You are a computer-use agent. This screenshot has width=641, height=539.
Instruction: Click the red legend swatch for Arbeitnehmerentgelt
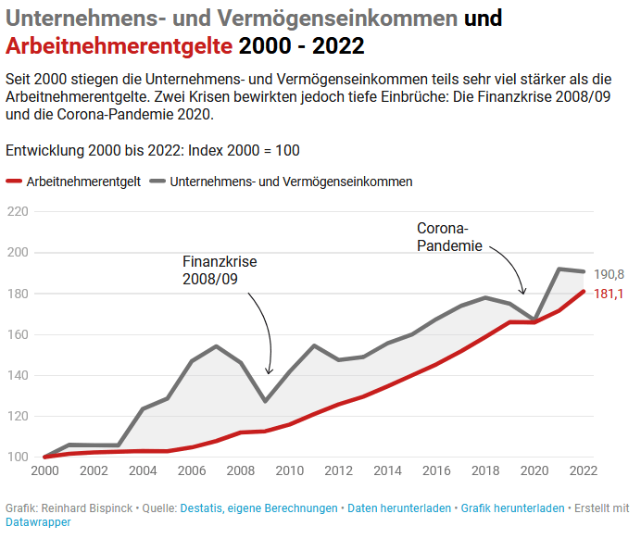[x=14, y=182]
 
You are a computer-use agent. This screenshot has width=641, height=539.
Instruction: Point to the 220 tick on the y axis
[x=17, y=212]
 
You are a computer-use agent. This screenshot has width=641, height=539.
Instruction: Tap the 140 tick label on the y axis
[x=17, y=375]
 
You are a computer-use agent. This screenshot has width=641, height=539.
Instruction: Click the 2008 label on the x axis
[x=239, y=471]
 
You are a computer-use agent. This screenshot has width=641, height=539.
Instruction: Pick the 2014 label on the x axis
[x=386, y=471]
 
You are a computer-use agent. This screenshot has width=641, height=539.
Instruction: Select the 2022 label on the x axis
[x=583, y=471]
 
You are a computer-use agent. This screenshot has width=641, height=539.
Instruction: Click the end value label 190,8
[x=609, y=274]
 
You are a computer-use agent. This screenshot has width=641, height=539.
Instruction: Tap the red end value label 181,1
[x=609, y=294]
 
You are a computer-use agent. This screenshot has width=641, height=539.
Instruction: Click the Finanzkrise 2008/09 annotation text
[x=219, y=270]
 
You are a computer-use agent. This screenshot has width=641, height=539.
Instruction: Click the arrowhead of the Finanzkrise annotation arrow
[x=269, y=371]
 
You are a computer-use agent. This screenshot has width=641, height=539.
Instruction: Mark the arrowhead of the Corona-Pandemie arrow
[x=524, y=293]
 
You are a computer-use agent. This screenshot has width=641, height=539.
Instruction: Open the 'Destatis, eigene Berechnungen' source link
[x=258, y=508]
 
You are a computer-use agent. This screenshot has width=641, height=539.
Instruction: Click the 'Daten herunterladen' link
[x=399, y=508]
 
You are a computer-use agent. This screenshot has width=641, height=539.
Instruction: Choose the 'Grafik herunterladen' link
[x=511, y=508]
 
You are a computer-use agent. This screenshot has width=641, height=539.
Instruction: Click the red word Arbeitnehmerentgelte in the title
[x=119, y=45]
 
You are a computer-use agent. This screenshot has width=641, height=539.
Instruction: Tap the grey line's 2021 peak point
[x=559, y=269]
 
